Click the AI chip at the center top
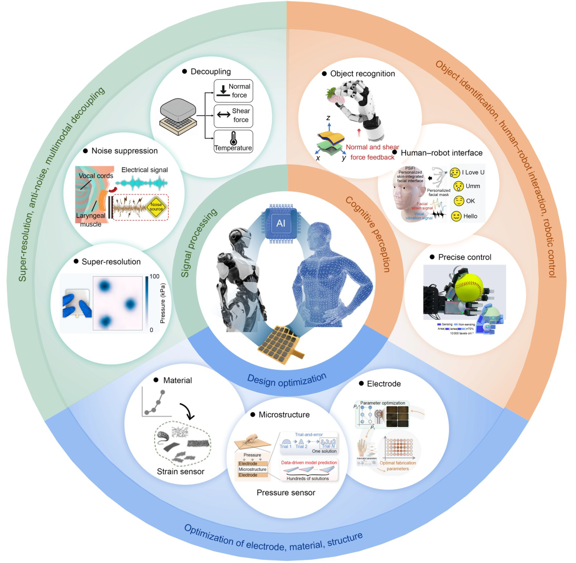tap(281, 223)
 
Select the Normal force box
tap(233, 91)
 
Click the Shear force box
tap(233, 116)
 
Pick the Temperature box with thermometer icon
tap(233, 141)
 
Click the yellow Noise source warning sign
tap(156, 207)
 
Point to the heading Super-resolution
tap(111, 262)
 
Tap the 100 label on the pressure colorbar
tap(154, 276)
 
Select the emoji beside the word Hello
tap(456, 216)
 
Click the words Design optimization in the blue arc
tap(287, 380)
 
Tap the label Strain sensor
tap(180, 472)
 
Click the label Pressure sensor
tap(286, 493)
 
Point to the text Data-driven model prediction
tap(309, 463)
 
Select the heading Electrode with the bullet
tap(383, 384)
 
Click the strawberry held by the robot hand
tap(335, 95)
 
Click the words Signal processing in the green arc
tap(198, 243)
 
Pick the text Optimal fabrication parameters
tap(398, 466)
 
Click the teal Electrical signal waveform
tap(141, 183)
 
